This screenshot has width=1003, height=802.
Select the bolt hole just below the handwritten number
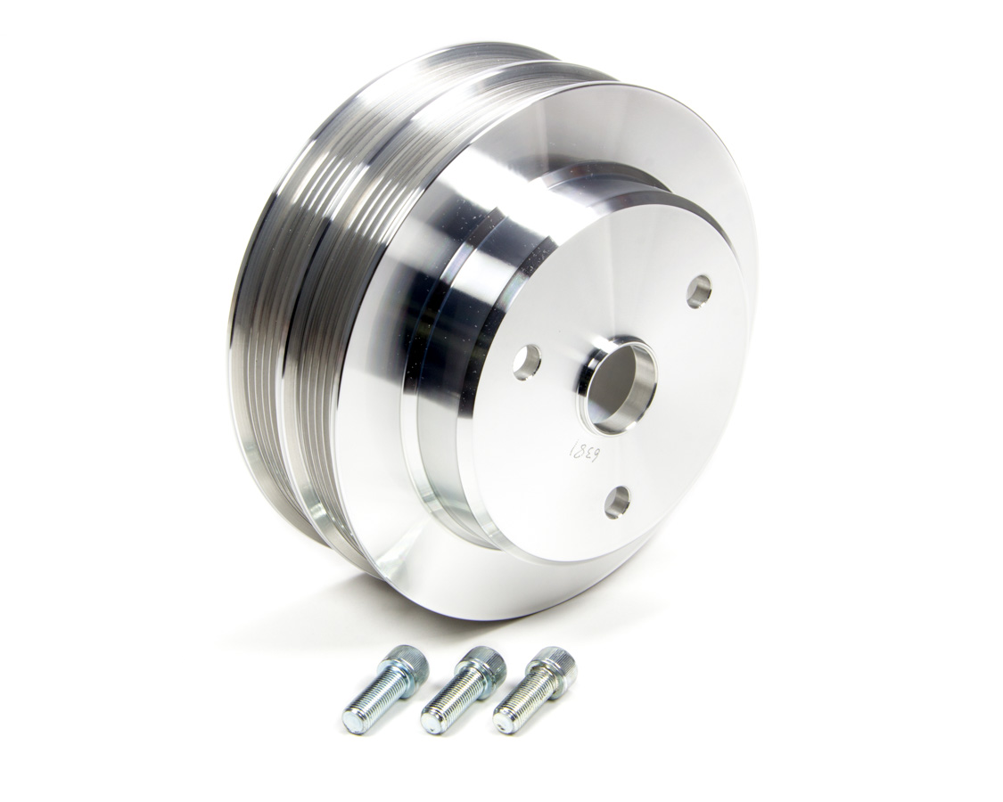click(x=617, y=503)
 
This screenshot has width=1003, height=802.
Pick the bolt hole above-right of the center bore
click(x=700, y=291)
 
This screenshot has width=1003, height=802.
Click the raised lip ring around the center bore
click(x=588, y=374)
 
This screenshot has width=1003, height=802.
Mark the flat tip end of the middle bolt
click(x=428, y=720)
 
